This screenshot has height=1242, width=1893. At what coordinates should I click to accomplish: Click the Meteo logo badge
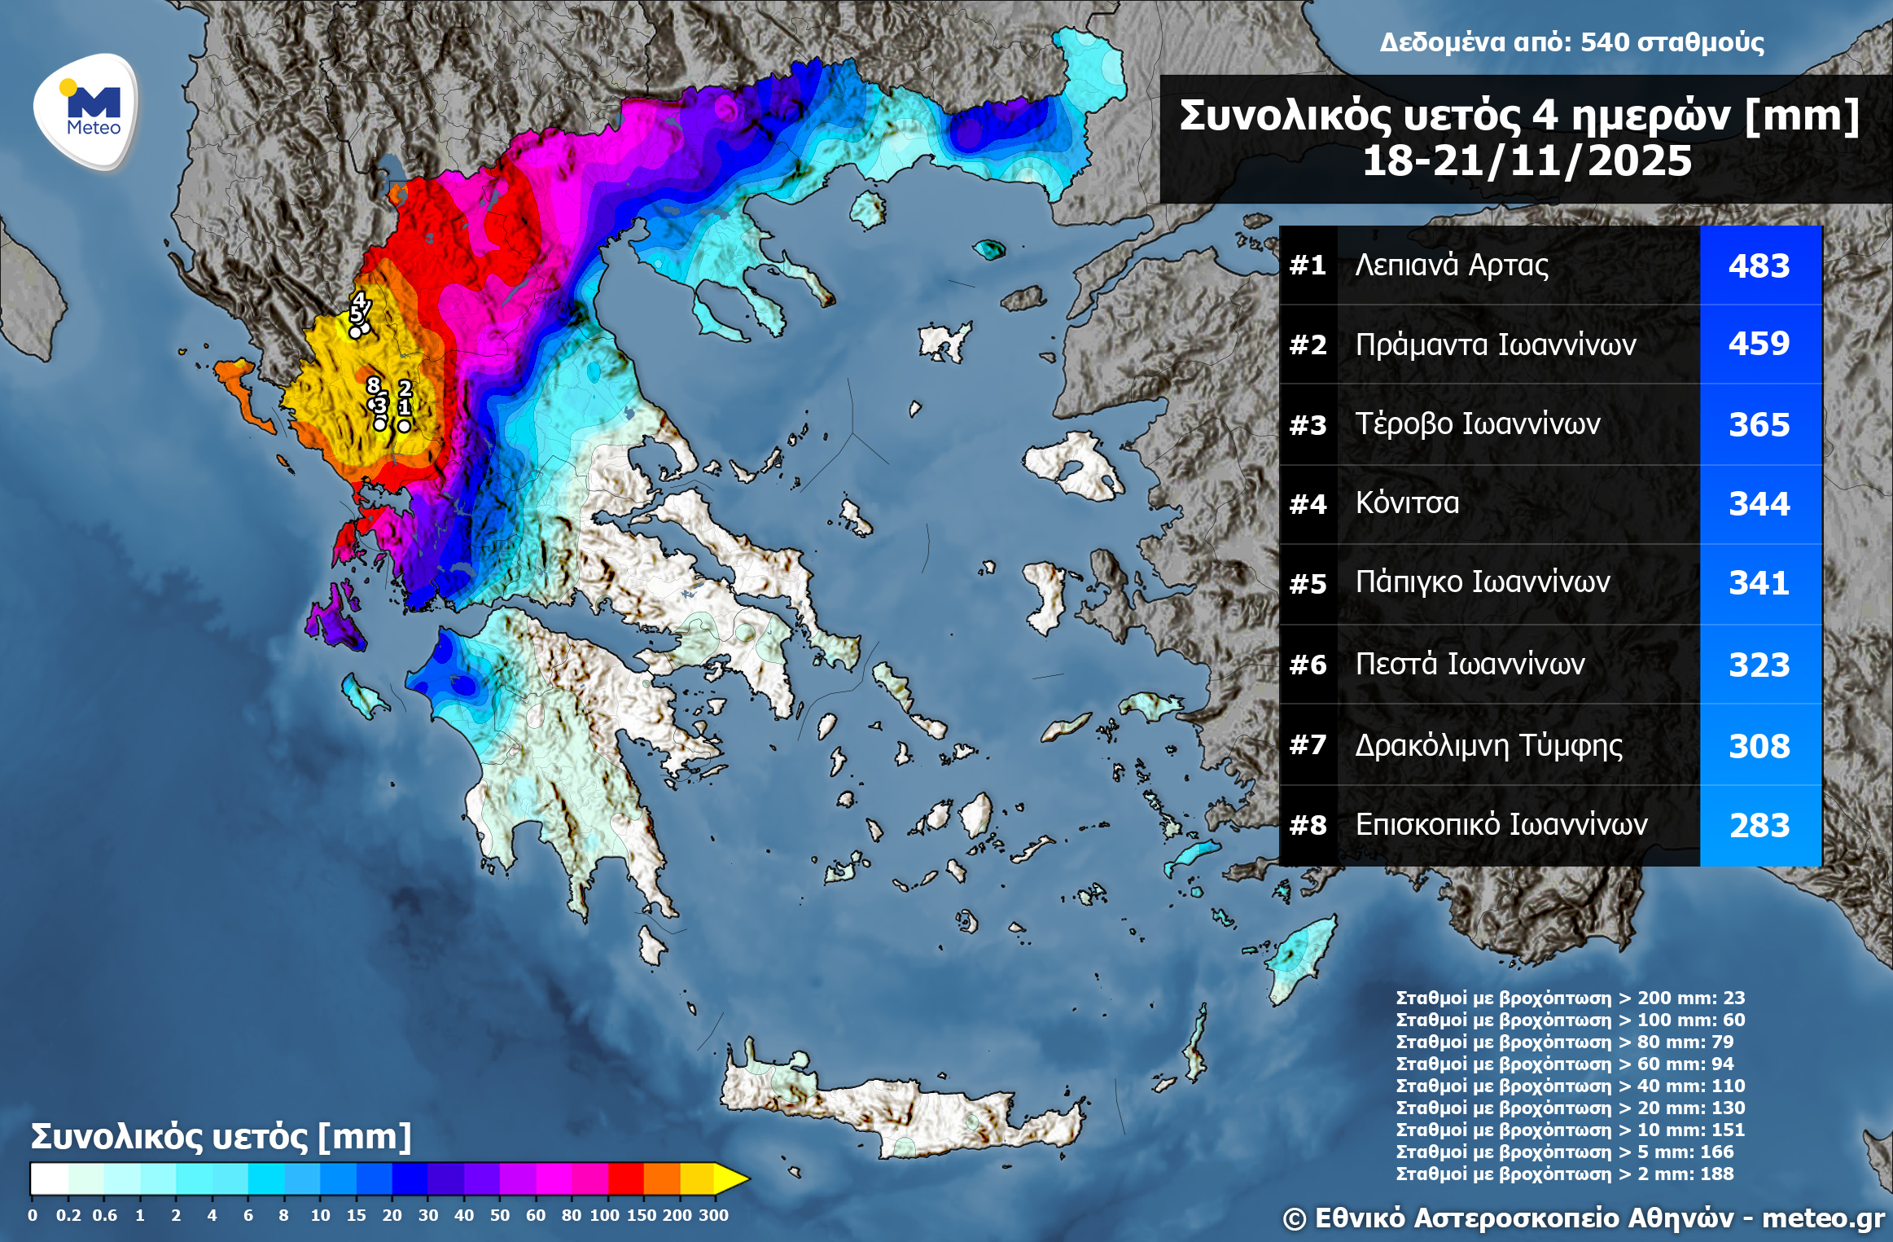[86, 111]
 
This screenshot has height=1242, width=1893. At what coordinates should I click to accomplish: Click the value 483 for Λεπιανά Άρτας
[1759, 266]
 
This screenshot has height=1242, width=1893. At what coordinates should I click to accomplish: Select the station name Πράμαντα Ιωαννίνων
[1495, 345]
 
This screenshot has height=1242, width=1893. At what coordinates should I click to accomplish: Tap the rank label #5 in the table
[1308, 584]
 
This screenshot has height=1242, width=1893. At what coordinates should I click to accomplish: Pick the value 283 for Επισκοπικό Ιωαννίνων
[1759, 826]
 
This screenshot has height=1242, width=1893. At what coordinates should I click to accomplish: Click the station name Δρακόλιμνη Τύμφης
[1488, 745]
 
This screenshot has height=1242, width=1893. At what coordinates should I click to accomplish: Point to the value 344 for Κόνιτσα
[1759, 504]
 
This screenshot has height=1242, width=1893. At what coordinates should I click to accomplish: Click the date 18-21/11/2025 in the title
[1527, 161]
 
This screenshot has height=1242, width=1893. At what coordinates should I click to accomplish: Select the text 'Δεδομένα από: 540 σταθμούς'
[1571, 42]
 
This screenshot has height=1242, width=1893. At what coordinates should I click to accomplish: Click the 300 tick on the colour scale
[713, 1215]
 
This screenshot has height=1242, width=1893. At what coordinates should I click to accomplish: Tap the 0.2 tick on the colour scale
[68, 1215]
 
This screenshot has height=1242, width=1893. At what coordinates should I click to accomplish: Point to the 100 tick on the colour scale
[605, 1215]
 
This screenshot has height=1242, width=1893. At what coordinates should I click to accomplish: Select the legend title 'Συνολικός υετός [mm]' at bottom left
[221, 1137]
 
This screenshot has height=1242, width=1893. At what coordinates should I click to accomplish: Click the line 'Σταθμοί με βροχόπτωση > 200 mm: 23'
[1570, 998]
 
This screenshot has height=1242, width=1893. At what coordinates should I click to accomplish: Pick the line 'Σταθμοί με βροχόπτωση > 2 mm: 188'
[1564, 1174]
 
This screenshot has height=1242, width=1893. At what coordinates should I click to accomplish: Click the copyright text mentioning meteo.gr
[1583, 1218]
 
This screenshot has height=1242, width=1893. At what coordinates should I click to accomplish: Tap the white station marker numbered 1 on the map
[404, 425]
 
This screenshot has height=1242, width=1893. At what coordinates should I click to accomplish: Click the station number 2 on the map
[405, 388]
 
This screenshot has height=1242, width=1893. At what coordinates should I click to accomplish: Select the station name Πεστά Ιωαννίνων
[1470, 665]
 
